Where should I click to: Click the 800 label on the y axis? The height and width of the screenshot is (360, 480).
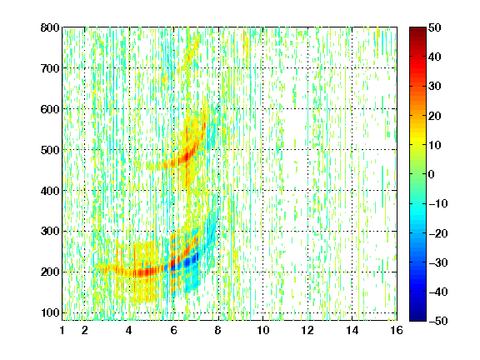pyautogui.click(x=50, y=27)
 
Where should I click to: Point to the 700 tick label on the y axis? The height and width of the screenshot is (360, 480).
pyautogui.click(x=50, y=68)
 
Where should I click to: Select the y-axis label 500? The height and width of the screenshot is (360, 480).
pyautogui.click(x=50, y=150)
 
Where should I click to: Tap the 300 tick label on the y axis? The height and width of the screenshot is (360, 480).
pyautogui.click(x=50, y=232)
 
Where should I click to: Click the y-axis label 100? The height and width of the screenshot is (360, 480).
pyautogui.click(x=50, y=312)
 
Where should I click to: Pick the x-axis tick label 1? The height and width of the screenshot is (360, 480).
pyautogui.click(x=62, y=330)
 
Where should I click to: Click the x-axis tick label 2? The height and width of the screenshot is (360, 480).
pyautogui.click(x=84, y=330)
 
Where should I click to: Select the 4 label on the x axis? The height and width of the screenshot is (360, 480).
pyautogui.click(x=129, y=330)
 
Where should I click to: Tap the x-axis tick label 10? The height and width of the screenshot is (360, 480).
pyautogui.click(x=262, y=330)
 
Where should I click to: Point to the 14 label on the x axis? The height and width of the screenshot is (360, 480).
pyautogui.click(x=352, y=330)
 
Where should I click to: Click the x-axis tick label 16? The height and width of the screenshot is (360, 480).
pyautogui.click(x=397, y=330)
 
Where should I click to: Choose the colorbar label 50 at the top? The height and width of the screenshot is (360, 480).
pyautogui.click(x=435, y=27)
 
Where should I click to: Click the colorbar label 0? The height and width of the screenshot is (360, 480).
pyautogui.click(x=432, y=174)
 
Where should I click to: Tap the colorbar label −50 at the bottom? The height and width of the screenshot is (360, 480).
pyautogui.click(x=438, y=321)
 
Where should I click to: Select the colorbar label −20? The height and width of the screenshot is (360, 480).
pyautogui.click(x=438, y=233)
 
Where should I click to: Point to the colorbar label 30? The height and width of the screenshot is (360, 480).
pyautogui.click(x=435, y=87)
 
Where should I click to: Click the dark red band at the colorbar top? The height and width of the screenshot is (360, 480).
pyautogui.click(x=417, y=33)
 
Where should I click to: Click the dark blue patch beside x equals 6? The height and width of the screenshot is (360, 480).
pyautogui.click(x=189, y=261)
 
